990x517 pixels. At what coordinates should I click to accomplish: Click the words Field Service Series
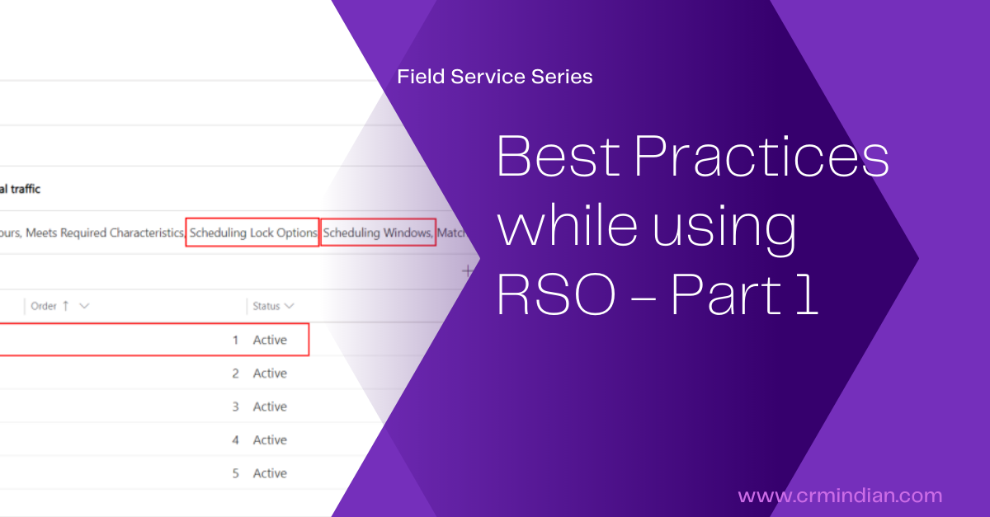(494, 77)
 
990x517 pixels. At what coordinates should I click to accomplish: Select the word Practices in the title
(762, 157)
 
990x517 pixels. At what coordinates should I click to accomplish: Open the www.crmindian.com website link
(840, 496)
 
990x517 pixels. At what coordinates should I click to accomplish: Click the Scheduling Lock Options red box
(252, 233)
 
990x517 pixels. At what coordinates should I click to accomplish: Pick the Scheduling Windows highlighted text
(378, 233)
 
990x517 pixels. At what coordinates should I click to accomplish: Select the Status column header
(266, 306)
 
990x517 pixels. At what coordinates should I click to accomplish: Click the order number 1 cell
(235, 340)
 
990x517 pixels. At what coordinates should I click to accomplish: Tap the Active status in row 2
(270, 374)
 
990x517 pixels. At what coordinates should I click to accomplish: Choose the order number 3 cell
(235, 407)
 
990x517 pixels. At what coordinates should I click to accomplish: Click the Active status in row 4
(270, 440)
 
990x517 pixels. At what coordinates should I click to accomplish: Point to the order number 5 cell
(235, 473)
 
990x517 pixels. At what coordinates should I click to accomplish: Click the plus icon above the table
(467, 270)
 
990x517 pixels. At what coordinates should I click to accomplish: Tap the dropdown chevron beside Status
(290, 306)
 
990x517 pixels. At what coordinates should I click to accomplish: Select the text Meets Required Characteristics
(105, 233)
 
